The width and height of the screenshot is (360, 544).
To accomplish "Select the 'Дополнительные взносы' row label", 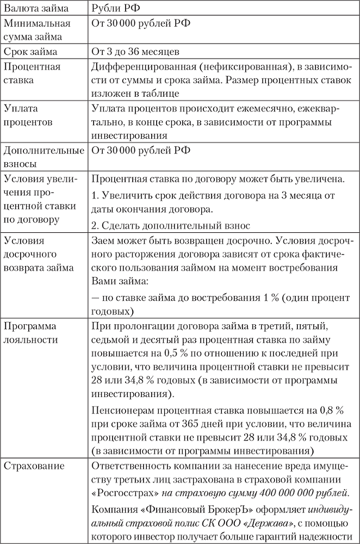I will (44, 156).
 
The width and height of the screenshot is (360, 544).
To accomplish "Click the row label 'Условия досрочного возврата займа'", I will (38, 254).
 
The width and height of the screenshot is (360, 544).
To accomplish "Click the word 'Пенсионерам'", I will (122, 410).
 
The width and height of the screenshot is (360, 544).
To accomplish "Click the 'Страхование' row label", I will (34, 466).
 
